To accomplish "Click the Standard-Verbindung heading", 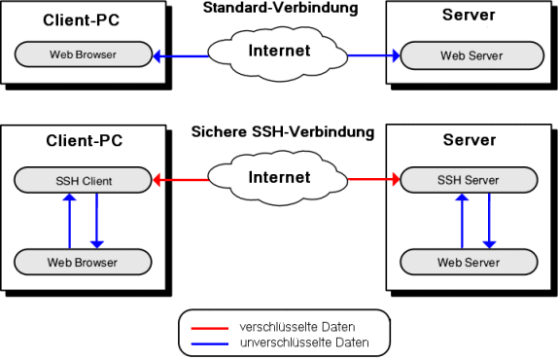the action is pos(280,8).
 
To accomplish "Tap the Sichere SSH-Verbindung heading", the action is pos(283,131).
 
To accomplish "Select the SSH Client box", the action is pos(83,180).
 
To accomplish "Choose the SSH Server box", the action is pos(469,180).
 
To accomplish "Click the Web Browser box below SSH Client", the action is pos(83,262).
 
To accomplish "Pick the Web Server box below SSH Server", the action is pos(469,262).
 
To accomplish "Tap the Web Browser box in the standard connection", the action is pos(84,54).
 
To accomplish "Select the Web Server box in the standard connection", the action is pos(471,55).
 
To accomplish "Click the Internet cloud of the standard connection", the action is pos(278,54).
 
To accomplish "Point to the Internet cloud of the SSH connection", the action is pos(278,179).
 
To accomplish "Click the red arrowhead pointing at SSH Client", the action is pos(157,180).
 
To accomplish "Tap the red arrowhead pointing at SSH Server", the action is pos(396,179).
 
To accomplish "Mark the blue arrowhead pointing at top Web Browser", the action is pos(157,56).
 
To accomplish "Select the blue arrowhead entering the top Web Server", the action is pos(396,55).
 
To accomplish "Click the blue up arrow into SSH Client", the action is pos(69,221).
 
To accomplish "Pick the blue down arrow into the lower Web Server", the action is pos(489,221).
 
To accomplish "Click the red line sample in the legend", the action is pos(210,328).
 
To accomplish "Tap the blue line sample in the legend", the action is pos(210,344).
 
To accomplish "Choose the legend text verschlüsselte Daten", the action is pos(297,327).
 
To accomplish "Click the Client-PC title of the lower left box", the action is pos(84,140).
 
